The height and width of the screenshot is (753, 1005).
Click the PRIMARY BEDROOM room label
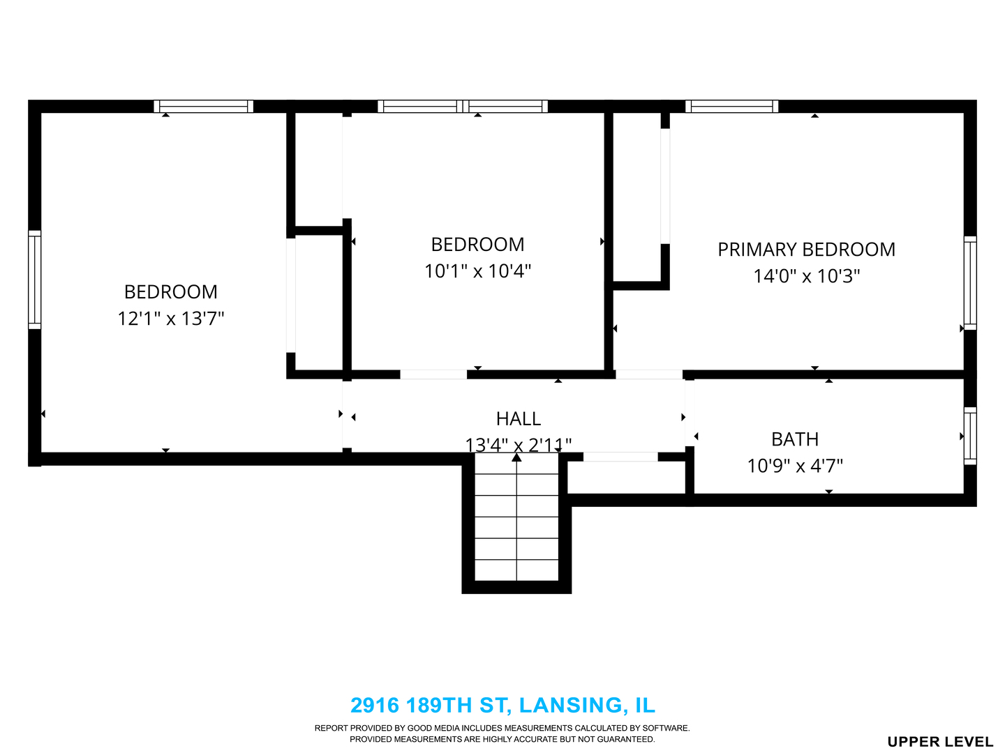click(806, 250)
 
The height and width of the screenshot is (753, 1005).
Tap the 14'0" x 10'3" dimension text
click(807, 276)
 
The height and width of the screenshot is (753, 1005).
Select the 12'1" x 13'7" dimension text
click(171, 319)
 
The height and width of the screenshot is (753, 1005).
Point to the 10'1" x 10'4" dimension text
click(477, 271)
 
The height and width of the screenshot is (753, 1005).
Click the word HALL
click(519, 419)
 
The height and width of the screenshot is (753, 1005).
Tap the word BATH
click(795, 439)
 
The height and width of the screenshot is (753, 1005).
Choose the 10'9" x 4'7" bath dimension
click(795, 466)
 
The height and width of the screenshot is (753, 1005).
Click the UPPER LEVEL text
click(940, 742)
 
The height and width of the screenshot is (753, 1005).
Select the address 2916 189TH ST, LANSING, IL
click(502, 705)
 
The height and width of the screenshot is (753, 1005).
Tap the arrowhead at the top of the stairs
click(516, 457)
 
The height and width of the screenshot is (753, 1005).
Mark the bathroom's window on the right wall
click(970, 436)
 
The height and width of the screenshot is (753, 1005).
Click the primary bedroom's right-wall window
click(970, 283)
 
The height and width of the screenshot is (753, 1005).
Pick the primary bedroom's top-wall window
click(731, 107)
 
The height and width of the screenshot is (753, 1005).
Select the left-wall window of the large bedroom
click(35, 280)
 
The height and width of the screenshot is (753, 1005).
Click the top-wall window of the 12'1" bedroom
click(203, 107)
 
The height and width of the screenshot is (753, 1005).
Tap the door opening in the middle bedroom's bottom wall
click(433, 374)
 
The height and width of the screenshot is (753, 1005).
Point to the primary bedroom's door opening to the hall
click(649, 374)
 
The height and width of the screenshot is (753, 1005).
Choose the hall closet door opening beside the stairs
click(620, 457)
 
